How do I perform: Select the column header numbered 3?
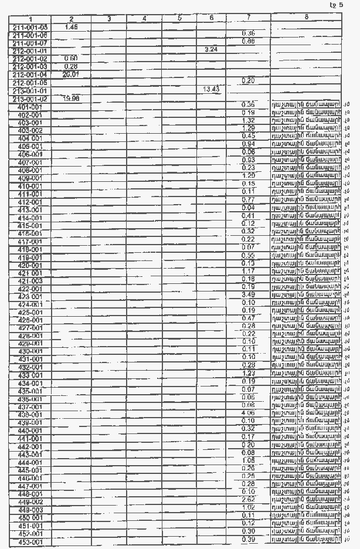click(109, 19)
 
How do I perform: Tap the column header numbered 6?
click(211, 18)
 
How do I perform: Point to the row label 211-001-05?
click(30, 27)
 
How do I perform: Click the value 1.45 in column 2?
click(72, 26)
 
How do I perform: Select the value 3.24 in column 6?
click(211, 50)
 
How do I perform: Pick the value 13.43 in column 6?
click(211, 89)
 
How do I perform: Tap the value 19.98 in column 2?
click(72, 99)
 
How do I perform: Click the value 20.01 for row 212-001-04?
click(71, 74)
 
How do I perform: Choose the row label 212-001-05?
click(30, 83)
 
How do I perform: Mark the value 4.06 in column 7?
click(248, 413)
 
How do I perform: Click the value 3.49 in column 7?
click(248, 294)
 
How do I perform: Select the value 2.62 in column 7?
click(248, 499)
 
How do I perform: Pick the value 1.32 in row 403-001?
click(248, 120)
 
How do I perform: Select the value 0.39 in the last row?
click(248, 539)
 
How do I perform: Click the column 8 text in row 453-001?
click(306, 539)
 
